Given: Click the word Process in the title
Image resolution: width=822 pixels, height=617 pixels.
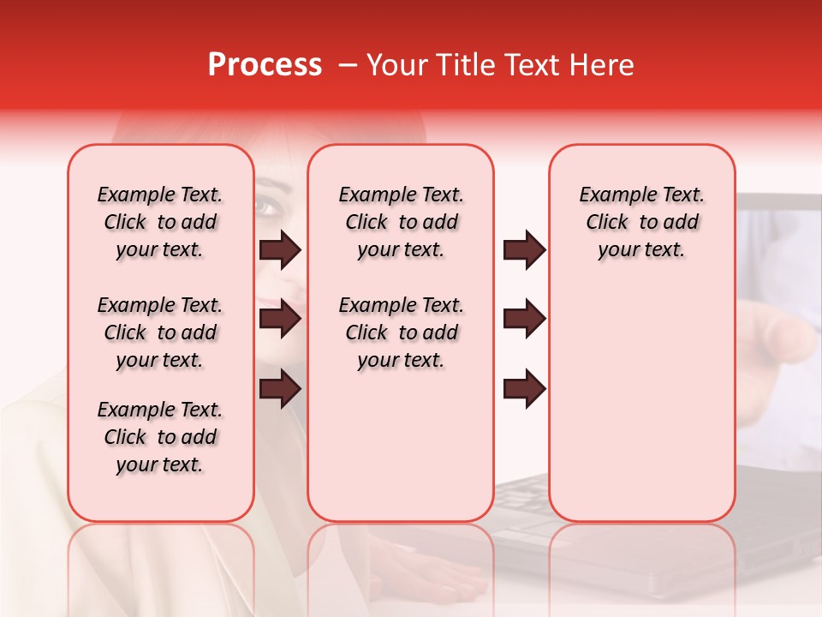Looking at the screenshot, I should point(265,65).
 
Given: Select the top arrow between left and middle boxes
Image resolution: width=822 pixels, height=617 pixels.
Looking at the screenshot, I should point(280,249).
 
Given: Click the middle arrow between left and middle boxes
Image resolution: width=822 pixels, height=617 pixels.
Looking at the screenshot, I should point(280,320).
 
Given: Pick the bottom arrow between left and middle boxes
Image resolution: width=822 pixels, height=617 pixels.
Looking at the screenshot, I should point(280,389).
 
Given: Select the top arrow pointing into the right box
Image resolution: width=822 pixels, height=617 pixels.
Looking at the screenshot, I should point(524,249).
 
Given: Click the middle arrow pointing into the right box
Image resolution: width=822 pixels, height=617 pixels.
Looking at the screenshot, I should point(524,320).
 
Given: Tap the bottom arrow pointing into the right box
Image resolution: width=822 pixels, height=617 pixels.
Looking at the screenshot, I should point(524,389).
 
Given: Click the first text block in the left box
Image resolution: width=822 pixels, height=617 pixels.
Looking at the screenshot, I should point(160,222).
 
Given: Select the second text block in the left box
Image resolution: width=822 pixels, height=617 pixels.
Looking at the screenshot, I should point(160,332).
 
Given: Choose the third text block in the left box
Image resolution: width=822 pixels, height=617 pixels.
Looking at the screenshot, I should point(160,437).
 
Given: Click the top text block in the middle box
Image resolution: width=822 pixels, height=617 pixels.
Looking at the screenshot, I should point(401,222).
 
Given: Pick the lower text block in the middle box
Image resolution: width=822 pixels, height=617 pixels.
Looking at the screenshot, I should point(401,332).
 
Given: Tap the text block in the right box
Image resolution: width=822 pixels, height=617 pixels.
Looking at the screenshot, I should point(641,222).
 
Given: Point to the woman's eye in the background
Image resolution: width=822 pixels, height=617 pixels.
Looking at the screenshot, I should point(267,207).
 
